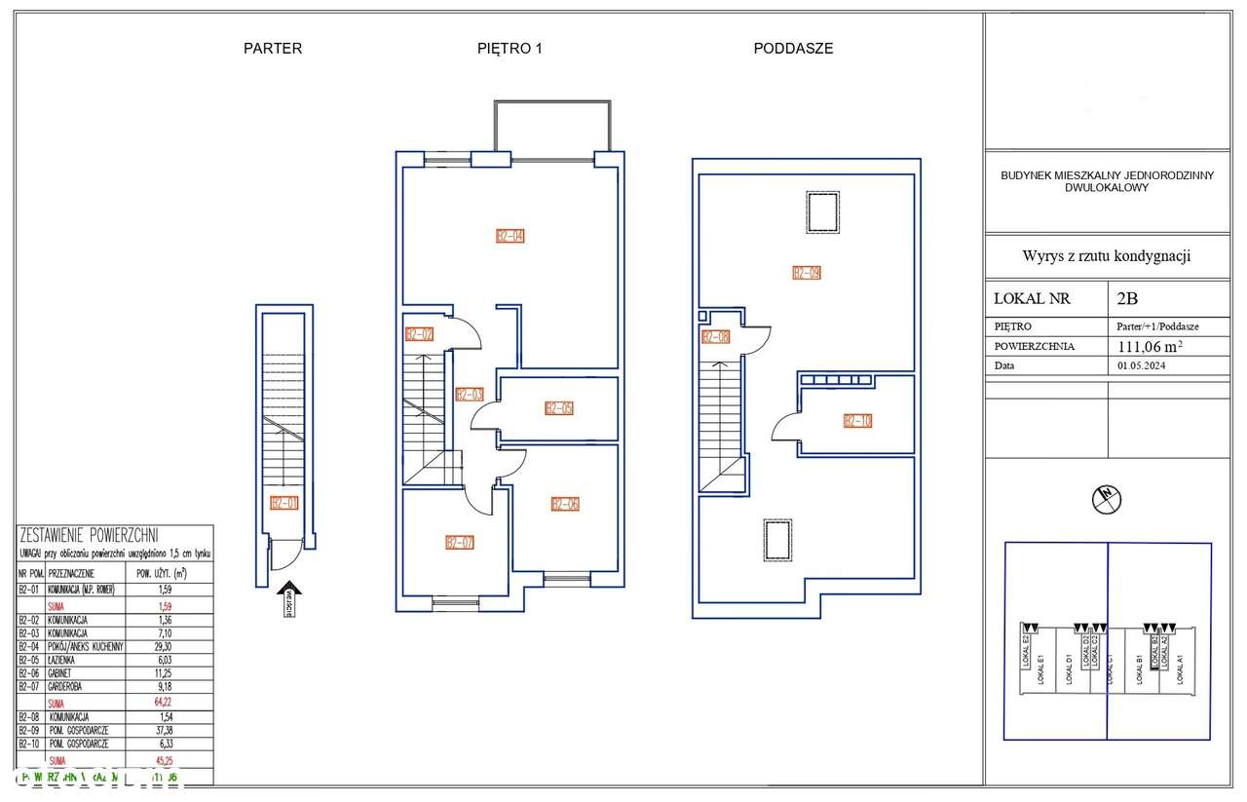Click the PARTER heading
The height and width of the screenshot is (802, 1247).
click(273, 48)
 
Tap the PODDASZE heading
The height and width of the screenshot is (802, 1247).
click(793, 48)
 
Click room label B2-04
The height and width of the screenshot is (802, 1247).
click(510, 236)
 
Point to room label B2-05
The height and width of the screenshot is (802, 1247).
click(558, 408)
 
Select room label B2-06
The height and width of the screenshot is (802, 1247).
click(565, 504)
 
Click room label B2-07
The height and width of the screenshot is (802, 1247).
click(459, 543)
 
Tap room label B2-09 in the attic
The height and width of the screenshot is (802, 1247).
click(807, 273)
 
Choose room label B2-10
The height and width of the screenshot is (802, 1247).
click(857, 422)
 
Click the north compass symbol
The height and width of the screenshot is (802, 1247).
click(1107, 499)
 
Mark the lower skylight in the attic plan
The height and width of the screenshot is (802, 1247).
click(776, 540)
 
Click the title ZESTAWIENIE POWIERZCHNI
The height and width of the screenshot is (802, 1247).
click(89, 535)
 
